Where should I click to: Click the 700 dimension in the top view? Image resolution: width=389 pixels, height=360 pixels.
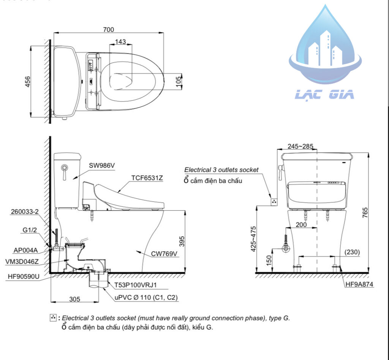[x=108, y=30]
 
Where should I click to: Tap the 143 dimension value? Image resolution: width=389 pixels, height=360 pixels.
[x=120, y=42]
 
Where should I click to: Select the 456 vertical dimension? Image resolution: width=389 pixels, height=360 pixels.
[x=27, y=82]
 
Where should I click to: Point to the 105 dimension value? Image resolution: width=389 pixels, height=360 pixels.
[x=179, y=82]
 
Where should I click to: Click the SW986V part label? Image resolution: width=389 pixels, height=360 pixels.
[x=102, y=165]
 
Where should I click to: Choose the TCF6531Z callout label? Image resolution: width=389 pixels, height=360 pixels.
[x=147, y=178]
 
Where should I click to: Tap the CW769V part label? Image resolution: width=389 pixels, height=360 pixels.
[x=164, y=254]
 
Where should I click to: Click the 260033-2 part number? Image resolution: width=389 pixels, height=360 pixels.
[x=25, y=212]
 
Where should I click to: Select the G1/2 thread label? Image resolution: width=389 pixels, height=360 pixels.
[x=30, y=230]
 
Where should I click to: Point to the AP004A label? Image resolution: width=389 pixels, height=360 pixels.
[x=25, y=250]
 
